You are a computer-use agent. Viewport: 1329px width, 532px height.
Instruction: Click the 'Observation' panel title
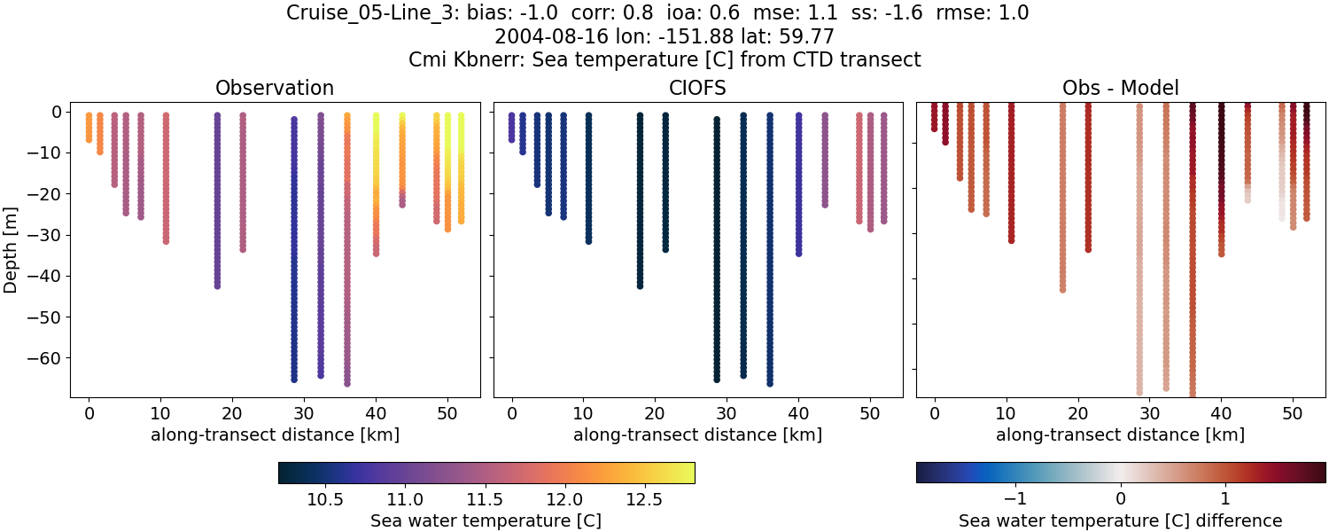pos(275,88)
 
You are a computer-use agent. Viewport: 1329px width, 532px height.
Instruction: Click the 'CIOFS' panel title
pos(697,88)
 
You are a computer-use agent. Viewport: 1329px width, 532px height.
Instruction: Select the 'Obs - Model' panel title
pos(1120,88)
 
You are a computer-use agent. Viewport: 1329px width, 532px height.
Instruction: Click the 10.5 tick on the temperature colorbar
pos(325,498)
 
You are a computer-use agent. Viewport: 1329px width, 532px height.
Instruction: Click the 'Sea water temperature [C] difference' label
pos(1120,520)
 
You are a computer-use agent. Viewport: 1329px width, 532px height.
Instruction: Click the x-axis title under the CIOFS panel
pos(697,434)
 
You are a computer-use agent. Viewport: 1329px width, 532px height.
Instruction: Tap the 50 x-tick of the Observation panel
pos(447,413)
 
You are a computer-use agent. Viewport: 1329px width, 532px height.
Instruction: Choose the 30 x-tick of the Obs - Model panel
pos(1149,413)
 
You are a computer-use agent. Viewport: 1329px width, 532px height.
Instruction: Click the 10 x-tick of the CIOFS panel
pos(583,413)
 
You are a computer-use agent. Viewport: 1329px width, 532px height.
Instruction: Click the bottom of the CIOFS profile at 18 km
pos(640,286)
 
